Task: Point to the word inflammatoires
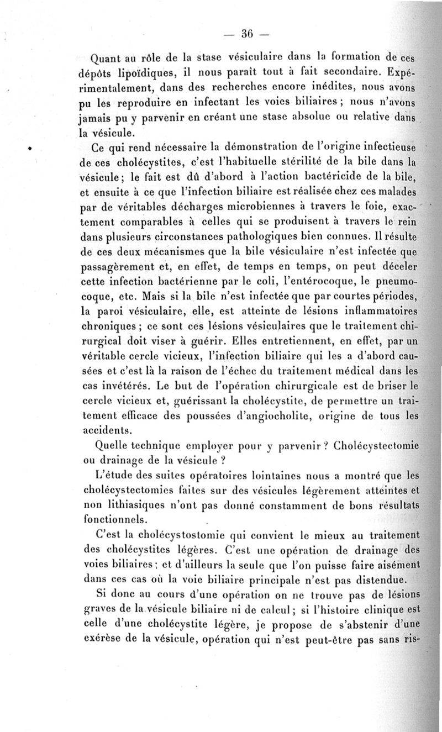(x=373, y=310)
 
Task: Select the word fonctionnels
(x=114, y=520)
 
